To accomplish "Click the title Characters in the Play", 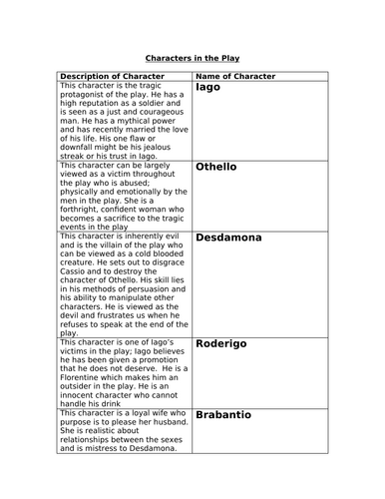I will [x=192, y=58].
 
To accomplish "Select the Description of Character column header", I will [x=116, y=76].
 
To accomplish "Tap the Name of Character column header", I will [x=234, y=76].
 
